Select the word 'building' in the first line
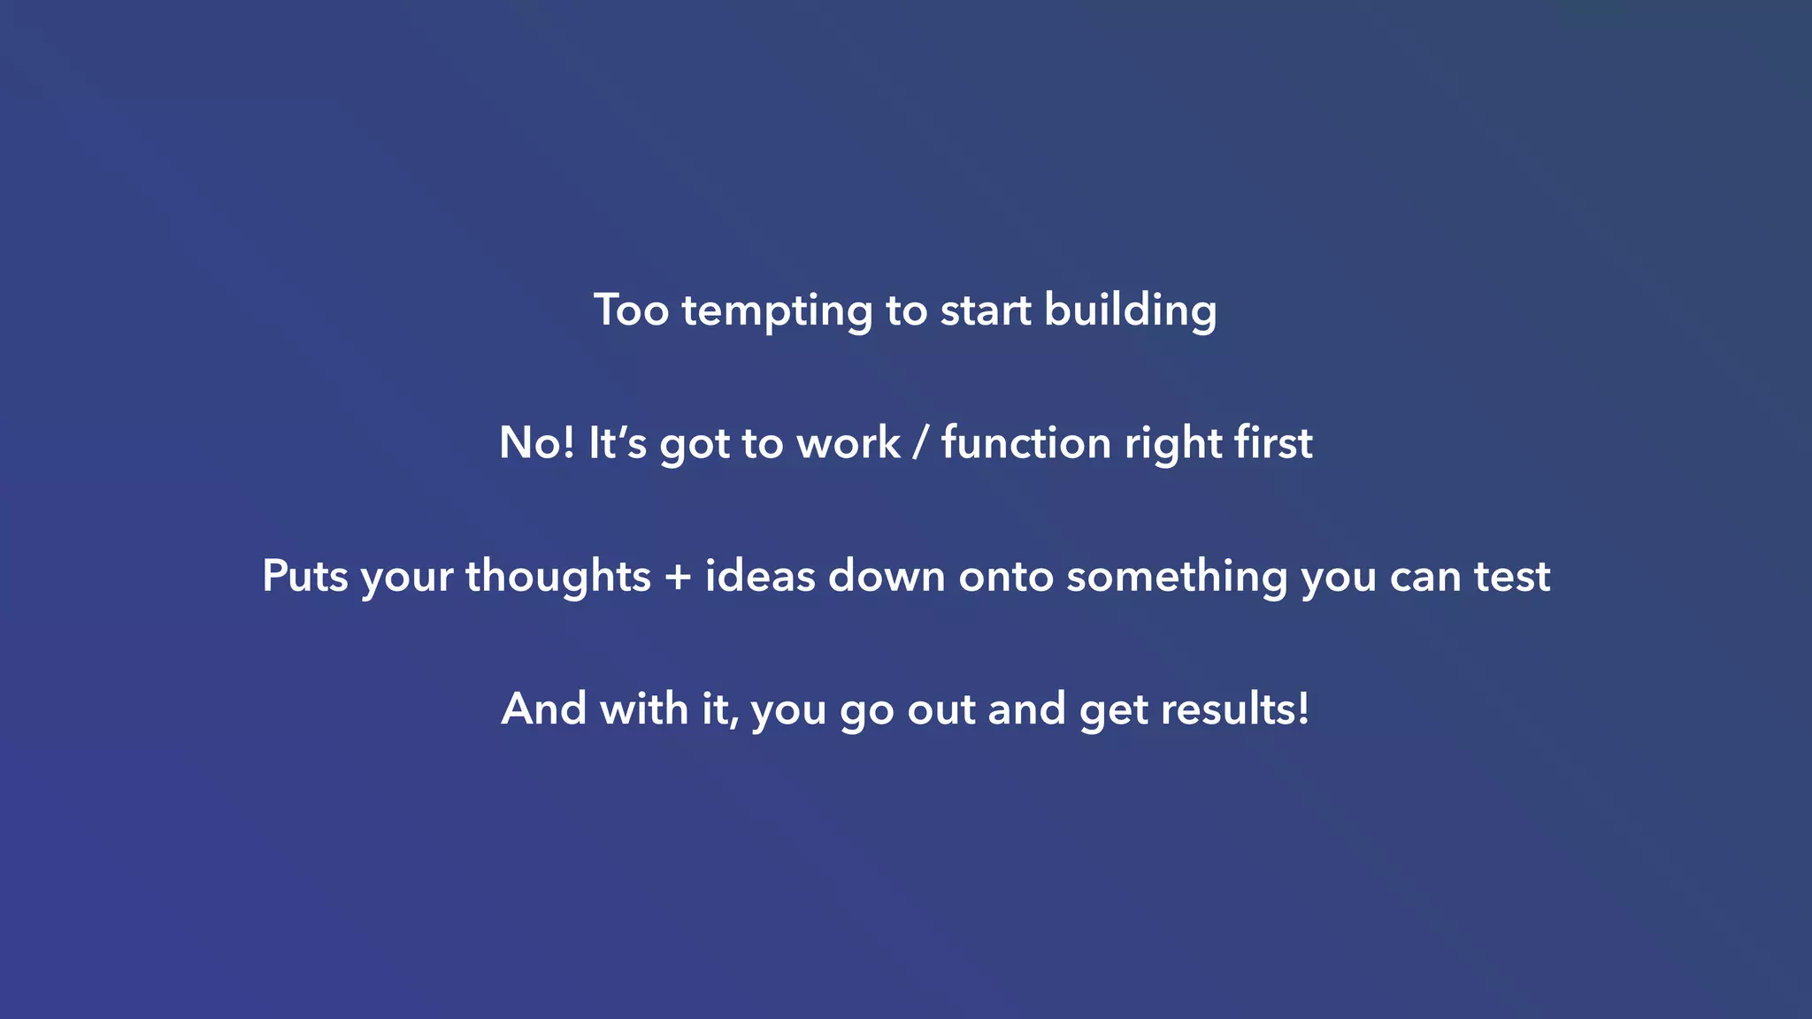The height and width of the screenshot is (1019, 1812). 1130,311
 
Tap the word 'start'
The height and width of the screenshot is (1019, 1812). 985,311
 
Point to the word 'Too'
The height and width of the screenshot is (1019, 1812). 631,310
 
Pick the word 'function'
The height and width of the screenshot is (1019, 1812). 1026,442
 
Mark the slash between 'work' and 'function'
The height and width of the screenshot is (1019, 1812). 921,443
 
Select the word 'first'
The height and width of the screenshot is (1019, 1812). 1273,442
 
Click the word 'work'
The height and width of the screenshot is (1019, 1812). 848,443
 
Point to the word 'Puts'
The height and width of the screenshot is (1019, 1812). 304,576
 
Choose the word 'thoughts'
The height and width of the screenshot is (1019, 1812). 558,576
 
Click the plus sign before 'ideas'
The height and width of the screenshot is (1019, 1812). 678,578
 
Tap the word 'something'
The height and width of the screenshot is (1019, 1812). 1177,577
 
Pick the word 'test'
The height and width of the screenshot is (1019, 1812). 1511,577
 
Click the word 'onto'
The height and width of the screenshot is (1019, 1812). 1006,578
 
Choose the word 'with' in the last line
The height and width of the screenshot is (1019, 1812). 643,709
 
